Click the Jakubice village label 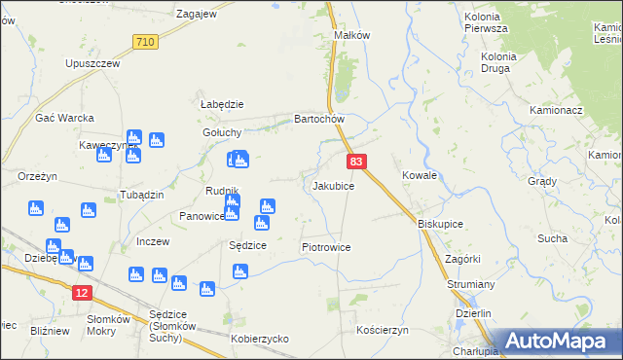click(x=332, y=185)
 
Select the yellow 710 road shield click(x=145, y=42)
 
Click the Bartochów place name click(x=320, y=120)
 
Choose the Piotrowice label click(x=325, y=248)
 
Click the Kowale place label click(x=419, y=176)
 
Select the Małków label click(x=352, y=35)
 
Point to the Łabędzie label click(x=221, y=105)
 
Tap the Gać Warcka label click(x=64, y=119)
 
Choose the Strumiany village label click(x=472, y=284)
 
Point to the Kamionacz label click(x=556, y=111)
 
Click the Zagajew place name click(x=196, y=15)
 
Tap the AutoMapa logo click(x=554, y=342)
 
